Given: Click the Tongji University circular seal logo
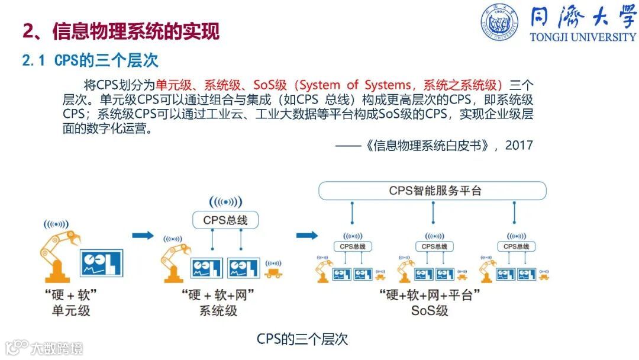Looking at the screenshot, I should coord(498,22).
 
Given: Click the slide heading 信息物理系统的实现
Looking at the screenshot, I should coord(135,31).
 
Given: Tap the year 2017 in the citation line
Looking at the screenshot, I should coord(519,145).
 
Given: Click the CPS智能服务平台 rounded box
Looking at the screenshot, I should coord(432,191).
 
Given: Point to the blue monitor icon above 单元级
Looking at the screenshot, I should coord(101,262).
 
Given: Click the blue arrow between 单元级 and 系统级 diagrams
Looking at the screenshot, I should coord(143,236).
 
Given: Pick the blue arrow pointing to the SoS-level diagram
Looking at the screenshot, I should coord(306,236).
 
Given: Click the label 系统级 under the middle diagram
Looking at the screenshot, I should coord(218,310).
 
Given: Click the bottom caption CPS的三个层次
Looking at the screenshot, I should coord(302,339).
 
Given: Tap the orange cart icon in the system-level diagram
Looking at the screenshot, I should coord(273,273).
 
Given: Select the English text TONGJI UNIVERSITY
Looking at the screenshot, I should coord(582,37).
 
